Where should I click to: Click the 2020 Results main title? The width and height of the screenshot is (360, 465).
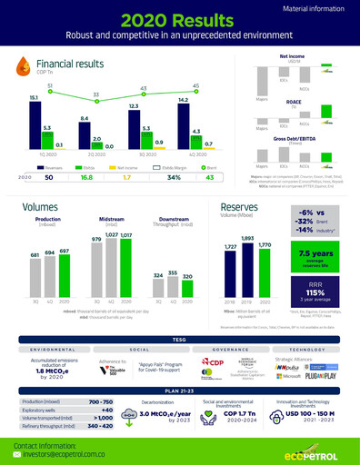(x=180, y=19)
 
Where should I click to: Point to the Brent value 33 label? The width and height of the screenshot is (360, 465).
(x=96, y=94)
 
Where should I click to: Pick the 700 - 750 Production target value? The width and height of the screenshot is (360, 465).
(x=102, y=401)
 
